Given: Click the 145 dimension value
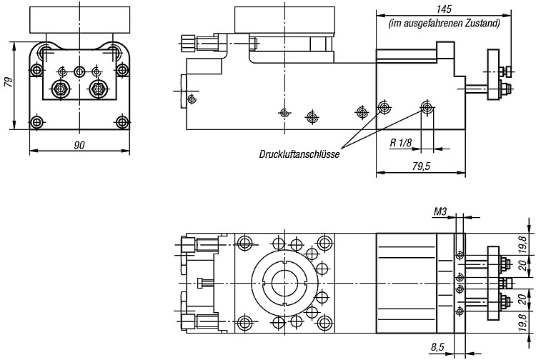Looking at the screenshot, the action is point(444,9).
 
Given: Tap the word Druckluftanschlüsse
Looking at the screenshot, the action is point(299,154).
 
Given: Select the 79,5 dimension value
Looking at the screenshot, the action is point(421,166).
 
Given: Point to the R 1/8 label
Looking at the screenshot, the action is point(401,142).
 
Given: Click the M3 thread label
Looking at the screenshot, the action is point(440,211).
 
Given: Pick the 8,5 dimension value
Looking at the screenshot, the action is point(437,348).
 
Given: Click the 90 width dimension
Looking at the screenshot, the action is point(79,145).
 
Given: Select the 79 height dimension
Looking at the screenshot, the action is point(9,83).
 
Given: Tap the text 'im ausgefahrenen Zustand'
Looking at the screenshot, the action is point(444,24).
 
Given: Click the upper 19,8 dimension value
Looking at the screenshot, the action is point(522,244).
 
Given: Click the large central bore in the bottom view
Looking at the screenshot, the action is point(284,283).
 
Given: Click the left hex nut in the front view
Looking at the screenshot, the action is point(60,89).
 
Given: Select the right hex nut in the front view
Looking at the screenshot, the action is point(98,89).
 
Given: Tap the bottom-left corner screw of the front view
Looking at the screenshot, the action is point(36,122).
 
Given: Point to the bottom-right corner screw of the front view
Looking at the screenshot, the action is point(122,122).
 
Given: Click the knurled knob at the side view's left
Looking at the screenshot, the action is point(187,43).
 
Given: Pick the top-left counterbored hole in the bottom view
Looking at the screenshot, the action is point(244,243).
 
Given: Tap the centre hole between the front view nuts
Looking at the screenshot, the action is point(79,72).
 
